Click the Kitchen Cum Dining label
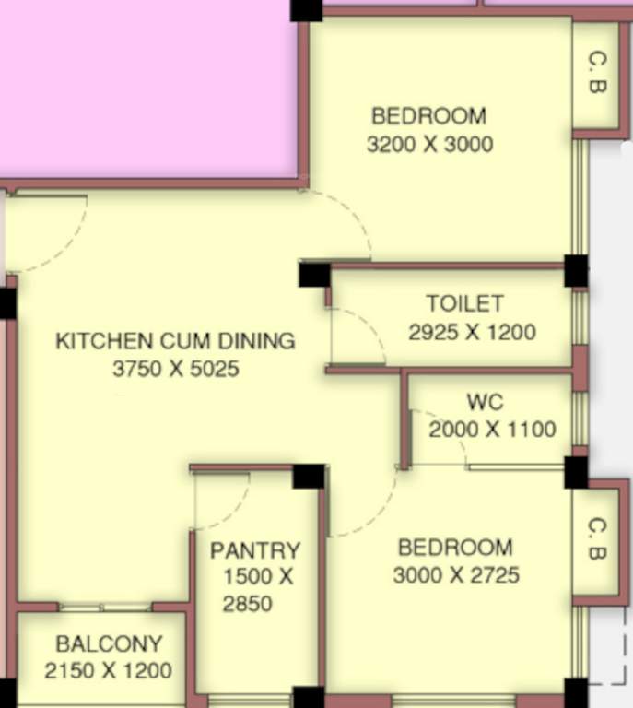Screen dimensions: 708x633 175,341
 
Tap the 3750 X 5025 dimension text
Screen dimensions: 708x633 175,370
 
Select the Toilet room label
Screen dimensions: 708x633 464,303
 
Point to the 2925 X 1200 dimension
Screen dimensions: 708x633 472,332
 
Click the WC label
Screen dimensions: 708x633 485,403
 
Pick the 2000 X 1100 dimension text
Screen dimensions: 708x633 492,430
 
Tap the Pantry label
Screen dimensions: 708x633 255,551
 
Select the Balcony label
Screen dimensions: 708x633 109,643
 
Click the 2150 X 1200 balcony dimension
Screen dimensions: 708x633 109,671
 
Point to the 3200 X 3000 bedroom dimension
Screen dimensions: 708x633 429,145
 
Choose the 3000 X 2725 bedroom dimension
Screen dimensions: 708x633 456,576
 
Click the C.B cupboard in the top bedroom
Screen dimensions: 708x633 596,74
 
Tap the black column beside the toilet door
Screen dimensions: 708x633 314,275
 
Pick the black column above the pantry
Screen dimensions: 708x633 309,476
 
